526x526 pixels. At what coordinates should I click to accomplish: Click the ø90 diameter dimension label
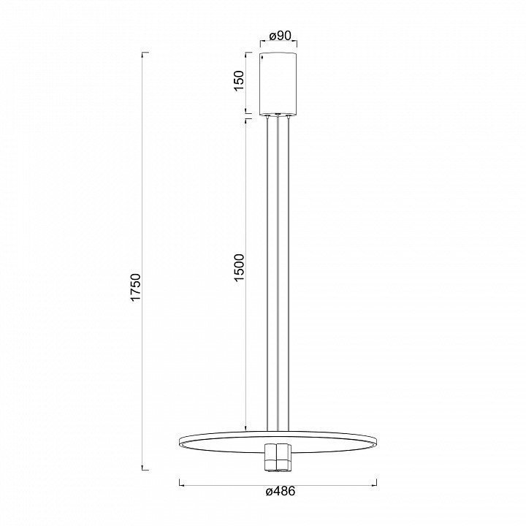click(x=280, y=36)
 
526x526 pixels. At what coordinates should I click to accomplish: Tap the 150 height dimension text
click(x=239, y=80)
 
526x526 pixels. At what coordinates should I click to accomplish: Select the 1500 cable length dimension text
click(x=239, y=267)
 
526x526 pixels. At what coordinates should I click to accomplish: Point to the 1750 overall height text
click(x=136, y=288)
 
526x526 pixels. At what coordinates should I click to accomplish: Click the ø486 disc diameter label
click(x=281, y=491)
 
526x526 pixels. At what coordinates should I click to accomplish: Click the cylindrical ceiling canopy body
click(x=278, y=84)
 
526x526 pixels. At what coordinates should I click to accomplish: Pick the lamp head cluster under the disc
click(x=278, y=458)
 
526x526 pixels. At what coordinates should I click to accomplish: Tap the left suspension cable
click(x=267, y=273)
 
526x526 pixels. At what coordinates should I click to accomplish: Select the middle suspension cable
click(x=278, y=273)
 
